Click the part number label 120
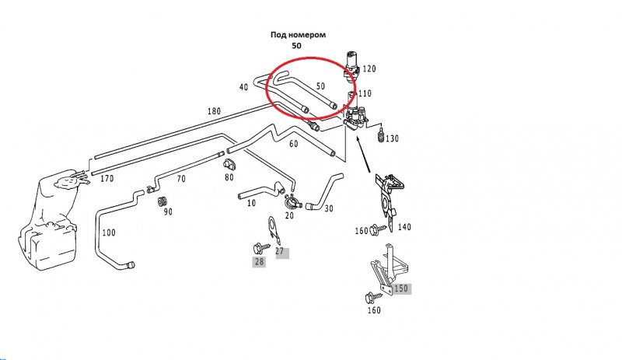[369, 69]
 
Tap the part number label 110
[365, 93]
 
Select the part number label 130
[391, 138]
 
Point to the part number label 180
[215, 112]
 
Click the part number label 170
[107, 178]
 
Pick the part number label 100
[109, 232]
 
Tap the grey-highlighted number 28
[259, 262]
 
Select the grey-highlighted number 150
[400, 288]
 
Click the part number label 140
[404, 228]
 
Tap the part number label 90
[167, 211]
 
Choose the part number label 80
[229, 177]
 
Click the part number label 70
[180, 179]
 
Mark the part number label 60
[293, 144]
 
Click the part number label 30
[329, 208]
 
